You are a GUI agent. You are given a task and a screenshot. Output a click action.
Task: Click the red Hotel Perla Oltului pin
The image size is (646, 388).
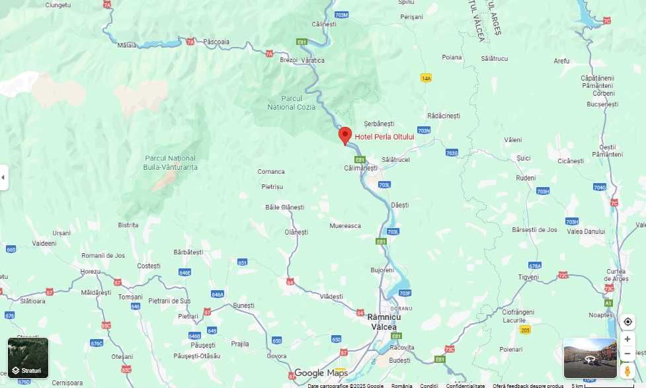click(344, 135)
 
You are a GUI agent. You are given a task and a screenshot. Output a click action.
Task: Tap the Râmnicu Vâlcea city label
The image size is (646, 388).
click(384, 322)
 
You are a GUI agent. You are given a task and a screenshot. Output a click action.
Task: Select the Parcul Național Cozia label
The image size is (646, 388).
click(291, 102)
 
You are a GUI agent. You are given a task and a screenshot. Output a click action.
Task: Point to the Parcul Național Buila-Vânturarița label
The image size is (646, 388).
click(171, 163)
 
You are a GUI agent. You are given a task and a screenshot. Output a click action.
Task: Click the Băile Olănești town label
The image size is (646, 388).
click(284, 208)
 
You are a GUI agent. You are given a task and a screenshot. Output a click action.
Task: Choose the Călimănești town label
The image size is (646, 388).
click(360, 168)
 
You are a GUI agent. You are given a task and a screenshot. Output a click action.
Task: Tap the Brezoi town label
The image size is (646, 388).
click(289, 60)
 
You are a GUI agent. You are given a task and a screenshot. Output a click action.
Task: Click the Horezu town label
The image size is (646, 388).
click(90, 272)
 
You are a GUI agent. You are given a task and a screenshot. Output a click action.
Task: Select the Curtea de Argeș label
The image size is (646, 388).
click(616, 275)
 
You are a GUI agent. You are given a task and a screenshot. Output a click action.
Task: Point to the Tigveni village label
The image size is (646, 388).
click(529, 277)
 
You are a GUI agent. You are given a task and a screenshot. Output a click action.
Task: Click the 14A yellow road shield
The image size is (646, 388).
click(426, 78)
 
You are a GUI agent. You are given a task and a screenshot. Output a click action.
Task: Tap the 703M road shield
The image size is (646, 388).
click(341, 15)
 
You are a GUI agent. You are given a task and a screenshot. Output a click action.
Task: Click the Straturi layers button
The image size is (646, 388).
click(28, 358)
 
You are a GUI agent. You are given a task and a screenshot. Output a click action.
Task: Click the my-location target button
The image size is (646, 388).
click(627, 322)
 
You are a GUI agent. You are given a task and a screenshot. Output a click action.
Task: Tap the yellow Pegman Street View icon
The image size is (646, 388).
click(627, 371)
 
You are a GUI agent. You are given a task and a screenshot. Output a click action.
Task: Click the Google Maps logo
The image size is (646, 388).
click(321, 373)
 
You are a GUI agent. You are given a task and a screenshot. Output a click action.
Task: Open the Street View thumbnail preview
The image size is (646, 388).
click(590, 358)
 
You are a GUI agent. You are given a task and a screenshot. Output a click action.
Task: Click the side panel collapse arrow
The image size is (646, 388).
click(3, 177)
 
